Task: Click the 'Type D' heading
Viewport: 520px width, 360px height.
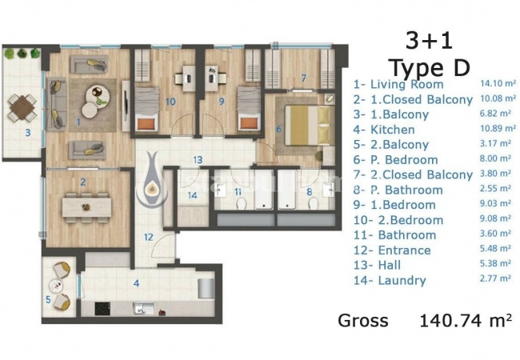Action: click(430, 67)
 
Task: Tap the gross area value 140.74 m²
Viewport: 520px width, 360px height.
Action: click(466, 320)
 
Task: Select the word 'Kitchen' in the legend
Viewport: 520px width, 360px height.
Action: click(392, 130)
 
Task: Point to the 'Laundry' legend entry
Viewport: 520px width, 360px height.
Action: click(402, 281)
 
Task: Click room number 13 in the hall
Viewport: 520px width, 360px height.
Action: click(198, 160)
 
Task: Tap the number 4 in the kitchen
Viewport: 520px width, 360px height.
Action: click(136, 283)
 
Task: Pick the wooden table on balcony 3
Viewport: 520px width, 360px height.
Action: click(22, 107)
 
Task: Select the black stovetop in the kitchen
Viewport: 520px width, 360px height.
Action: click(102, 309)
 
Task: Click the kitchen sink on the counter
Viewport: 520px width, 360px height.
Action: click(142, 309)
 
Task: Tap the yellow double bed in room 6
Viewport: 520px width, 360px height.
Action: click(306, 126)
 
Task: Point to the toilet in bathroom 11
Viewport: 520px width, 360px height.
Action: click(241, 203)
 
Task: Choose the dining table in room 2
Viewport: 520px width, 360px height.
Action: click(86, 207)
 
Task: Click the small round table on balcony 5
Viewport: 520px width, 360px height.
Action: click(55, 285)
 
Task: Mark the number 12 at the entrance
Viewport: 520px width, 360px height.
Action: click(149, 238)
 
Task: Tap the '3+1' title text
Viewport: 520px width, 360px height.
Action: click(429, 42)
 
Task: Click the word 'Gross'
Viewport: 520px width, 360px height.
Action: click(363, 321)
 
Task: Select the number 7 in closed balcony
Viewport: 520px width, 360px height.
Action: click(304, 78)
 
